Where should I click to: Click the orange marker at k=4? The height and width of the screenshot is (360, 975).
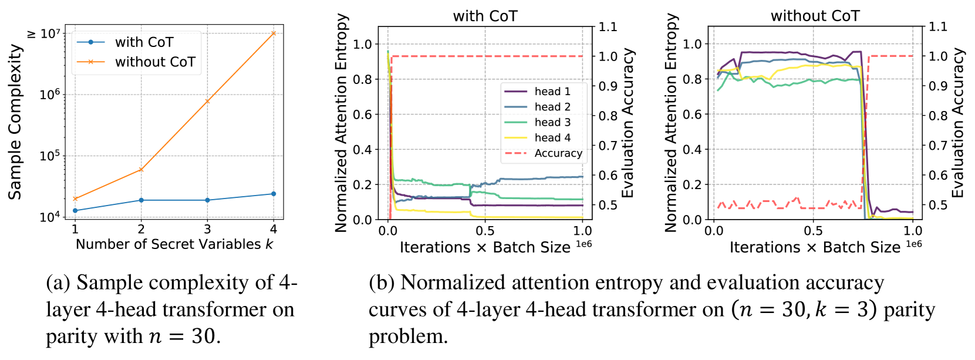point(274,33)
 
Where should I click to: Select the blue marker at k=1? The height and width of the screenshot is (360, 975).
point(75,210)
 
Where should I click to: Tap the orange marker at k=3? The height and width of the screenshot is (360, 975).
point(207,101)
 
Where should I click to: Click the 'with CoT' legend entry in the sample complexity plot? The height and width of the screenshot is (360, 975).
point(144,42)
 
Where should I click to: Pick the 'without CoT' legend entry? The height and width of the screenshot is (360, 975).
point(155,62)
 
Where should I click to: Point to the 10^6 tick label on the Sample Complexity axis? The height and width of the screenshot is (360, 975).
point(50,95)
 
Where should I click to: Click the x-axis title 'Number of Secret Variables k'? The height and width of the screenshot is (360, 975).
point(174,244)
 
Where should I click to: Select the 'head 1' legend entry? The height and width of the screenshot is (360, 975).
point(552,91)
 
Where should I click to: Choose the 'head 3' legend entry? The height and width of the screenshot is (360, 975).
point(552,122)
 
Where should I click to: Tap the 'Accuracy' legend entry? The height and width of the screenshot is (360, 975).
point(558,153)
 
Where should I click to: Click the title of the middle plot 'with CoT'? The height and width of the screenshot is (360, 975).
point(485,16)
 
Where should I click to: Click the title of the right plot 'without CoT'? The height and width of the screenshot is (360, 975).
point(815,16)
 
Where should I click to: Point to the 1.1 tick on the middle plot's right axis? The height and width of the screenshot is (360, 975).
point(608,26)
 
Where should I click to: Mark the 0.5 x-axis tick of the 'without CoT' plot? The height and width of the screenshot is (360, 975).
point(813,231)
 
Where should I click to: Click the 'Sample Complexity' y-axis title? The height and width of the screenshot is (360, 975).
point(15,122)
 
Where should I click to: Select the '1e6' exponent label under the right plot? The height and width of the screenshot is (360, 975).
point(914,244)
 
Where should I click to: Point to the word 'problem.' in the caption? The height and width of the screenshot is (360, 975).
point(408,337)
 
